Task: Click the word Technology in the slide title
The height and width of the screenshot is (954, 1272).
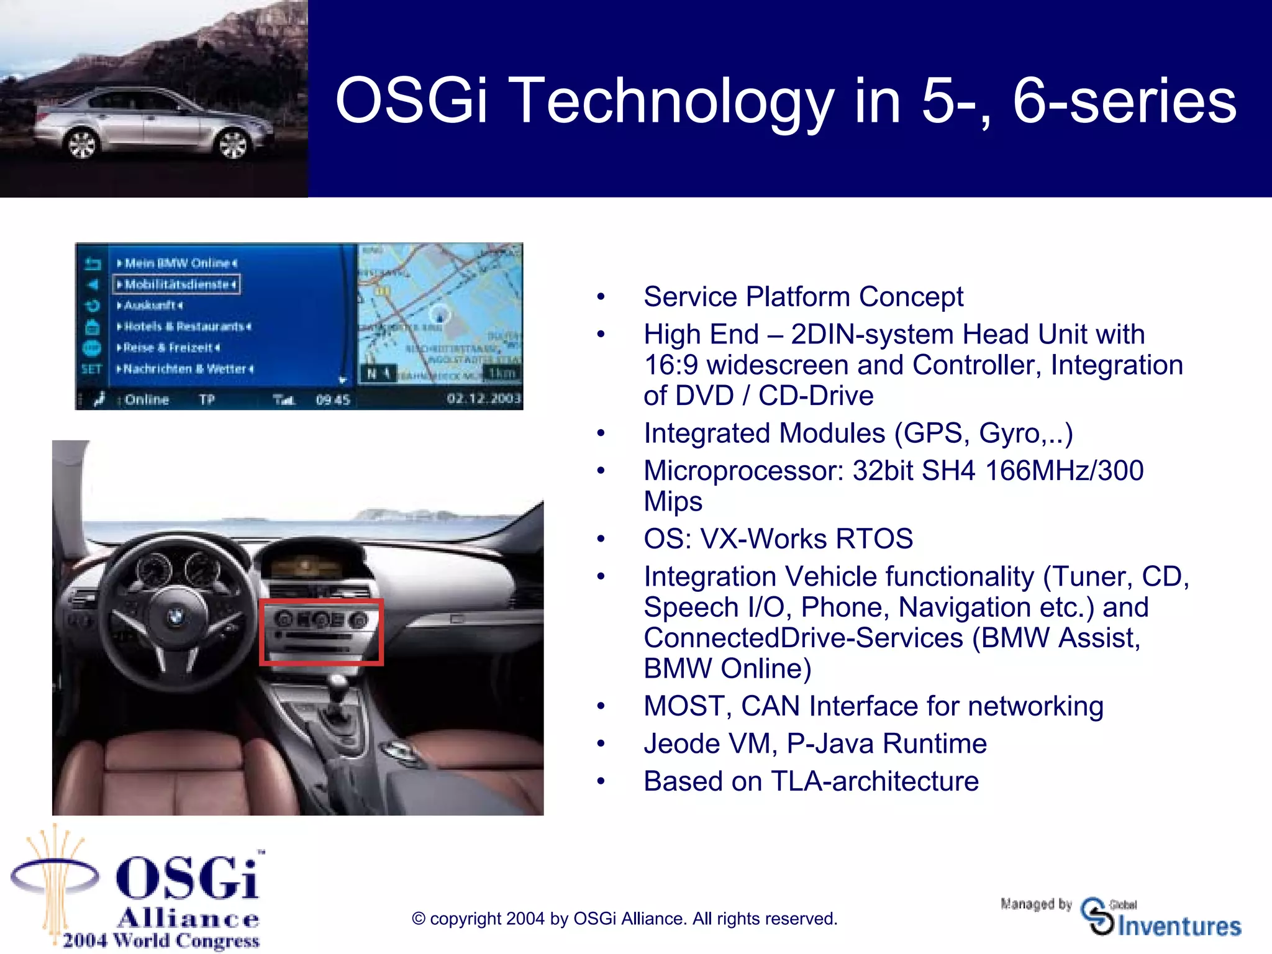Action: pyautogui.click(x=674, y=101)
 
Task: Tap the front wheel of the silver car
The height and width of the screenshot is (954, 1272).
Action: pyautogui.click(x=233, y=144)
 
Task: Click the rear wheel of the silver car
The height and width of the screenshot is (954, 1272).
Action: pyautogui.click(x=81, y=145)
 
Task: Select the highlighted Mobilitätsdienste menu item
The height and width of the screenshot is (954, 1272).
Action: pyautogui.click(x=177, y=284)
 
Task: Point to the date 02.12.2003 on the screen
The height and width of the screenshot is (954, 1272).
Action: pyautogui.click(x=484, y=399)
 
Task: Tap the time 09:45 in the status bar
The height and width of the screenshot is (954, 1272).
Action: pyautogui.click(x=333, y=400)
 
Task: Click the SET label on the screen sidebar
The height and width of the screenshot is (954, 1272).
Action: pyautogui.click(x=91, y=369)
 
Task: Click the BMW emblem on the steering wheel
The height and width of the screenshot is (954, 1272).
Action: pyautogui.click(x=175, y=617)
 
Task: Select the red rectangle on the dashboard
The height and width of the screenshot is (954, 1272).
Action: pyautogui.click(x=321, y=632)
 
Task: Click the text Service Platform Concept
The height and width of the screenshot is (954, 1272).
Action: pyautogui.click(x=803, y=297)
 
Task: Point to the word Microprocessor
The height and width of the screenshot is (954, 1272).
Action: pyautogui.click(x=743, y=471)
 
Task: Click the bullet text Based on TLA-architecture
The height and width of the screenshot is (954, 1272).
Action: pyautogui.click(x=811, y=781)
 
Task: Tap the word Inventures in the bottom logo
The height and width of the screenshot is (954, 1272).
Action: pyautogui.click(x=1179, y=927)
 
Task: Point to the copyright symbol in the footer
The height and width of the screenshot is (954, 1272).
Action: pyautogui.click(x=419, y=919)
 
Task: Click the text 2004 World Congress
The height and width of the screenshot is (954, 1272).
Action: pyautogui.click(x=161, y=941)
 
